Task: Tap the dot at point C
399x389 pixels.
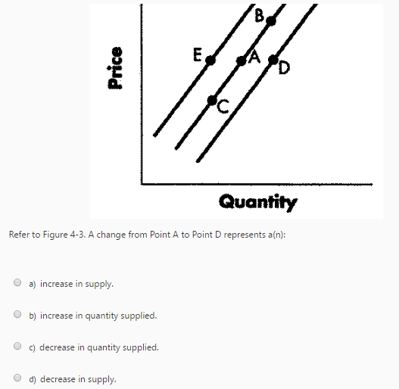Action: tap(214, 100)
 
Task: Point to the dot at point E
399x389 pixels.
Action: tap(211, 60)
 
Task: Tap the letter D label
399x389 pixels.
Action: tap(283, 70)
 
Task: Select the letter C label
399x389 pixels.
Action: tap(223, 109)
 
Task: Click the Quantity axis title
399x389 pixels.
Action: tap(258, 201)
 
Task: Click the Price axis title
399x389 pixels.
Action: tap(114, 68)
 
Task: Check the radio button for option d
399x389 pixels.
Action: tap(17, 378)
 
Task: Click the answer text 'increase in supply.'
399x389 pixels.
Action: tap(76, 285)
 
